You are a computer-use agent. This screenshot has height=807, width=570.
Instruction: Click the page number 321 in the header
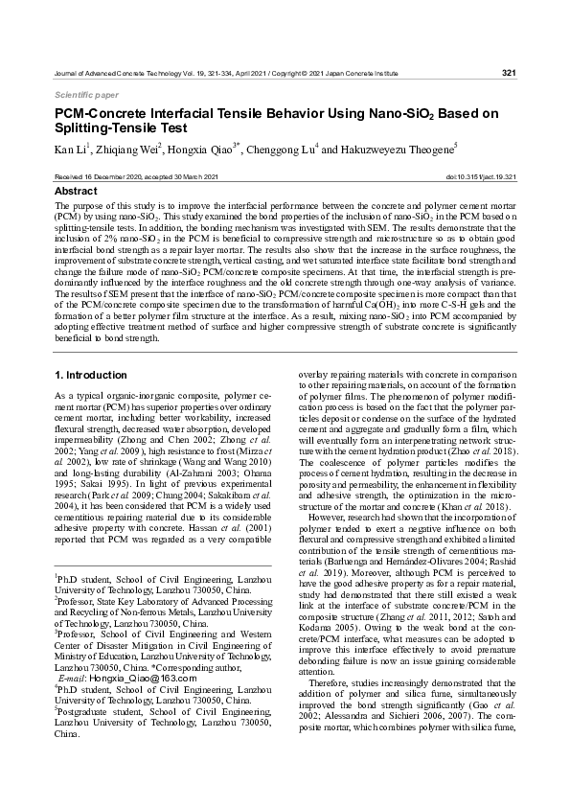coord(509,73)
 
